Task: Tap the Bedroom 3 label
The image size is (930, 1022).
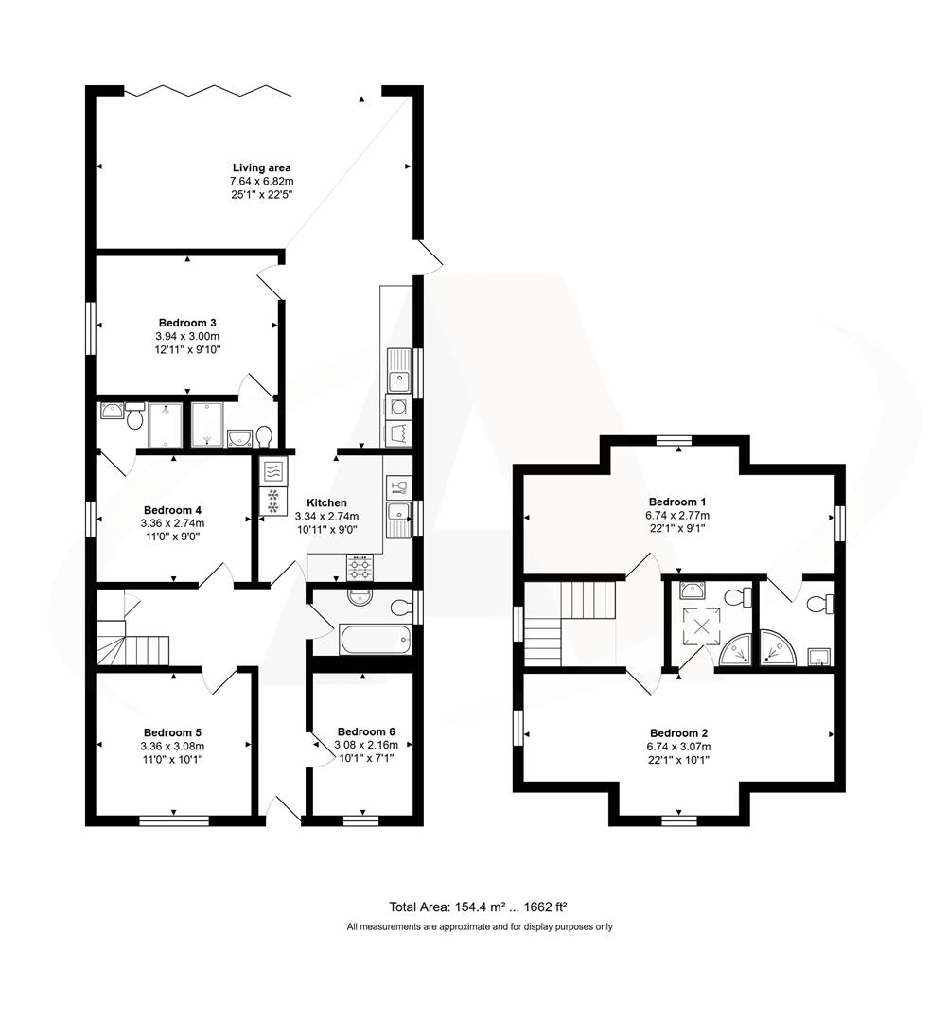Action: [x=186, y=323]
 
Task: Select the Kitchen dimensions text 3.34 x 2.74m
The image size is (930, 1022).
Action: [x=327, y=516]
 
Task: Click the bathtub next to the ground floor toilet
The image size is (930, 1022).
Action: [x=375, y=640]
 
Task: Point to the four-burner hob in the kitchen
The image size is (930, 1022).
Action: [x=360, y=567]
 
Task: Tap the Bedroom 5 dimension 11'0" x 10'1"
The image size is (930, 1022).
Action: [x=172, y=759]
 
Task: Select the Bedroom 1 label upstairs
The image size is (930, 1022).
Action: [x=677, y=502]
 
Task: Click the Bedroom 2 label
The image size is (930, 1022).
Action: [x=678, y=732]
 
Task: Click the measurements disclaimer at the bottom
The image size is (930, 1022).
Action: [x=480, y=926]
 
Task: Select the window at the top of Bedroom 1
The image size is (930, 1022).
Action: [x=676, y=439]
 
